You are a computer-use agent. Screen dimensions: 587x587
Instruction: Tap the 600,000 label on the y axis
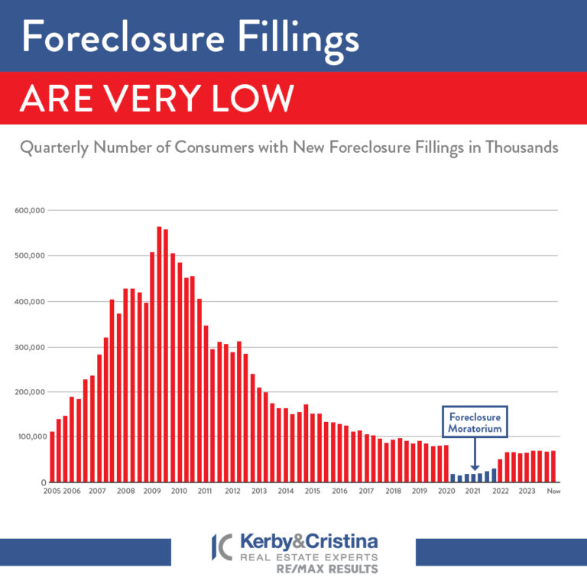pyautogui.click(x=30, y=210)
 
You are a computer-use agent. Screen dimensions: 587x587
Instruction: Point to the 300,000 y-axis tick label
pyautogui.click(x=30, y=347)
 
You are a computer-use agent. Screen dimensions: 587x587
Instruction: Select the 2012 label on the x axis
pyautogui.click(x=232, y=491)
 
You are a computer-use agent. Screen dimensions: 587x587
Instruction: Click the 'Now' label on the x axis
pyautogui.click(x=553, y=491)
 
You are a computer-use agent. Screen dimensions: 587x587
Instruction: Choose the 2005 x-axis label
pyautogui.click(x=52, y=491)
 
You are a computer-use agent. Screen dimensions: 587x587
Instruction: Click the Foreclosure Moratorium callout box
pyautogui.click(x=475, y=423)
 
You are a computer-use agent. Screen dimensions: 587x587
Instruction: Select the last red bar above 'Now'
pyautogui.click(x=553, y=467)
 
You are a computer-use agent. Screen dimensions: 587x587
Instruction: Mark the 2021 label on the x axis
pyautogui.click(x=473, y=491)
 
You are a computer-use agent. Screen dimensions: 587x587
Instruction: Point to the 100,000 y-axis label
pyautogui.click(x=30, y=437)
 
